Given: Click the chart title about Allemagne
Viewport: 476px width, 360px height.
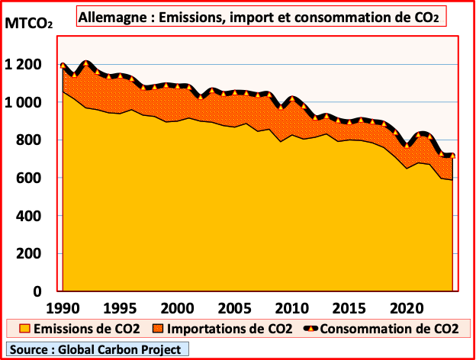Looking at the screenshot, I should (260, 15).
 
